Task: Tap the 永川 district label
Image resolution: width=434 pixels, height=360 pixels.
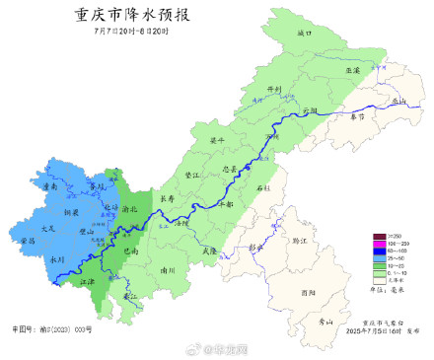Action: tap(57, 258)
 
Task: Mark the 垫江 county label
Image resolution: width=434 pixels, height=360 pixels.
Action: tap(193, 175)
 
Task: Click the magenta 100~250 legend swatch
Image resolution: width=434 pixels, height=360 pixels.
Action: tap(379, 242)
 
